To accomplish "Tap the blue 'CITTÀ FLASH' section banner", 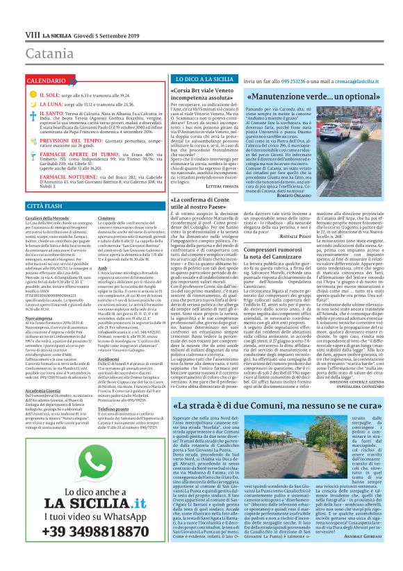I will [27, 207].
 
